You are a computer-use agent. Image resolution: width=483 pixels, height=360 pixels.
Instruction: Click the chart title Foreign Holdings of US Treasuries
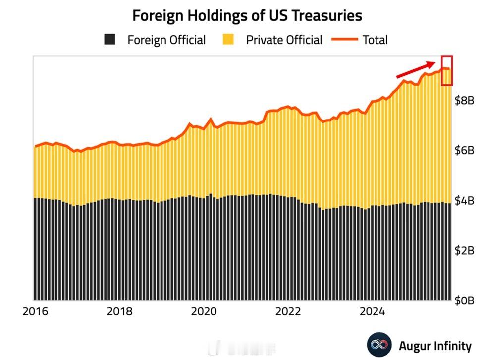[x=247, y=16]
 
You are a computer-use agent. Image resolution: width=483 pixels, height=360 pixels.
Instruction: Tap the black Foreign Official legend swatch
[x=109, y=40]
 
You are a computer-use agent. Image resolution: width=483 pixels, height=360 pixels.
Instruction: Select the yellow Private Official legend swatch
[x=228, y=40]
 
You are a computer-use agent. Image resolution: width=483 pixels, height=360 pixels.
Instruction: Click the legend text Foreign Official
[x=166, y=40]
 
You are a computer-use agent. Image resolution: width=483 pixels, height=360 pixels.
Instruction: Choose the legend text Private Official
[x=284, y=40]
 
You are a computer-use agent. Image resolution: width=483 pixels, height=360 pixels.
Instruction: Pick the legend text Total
[x=375, y=40]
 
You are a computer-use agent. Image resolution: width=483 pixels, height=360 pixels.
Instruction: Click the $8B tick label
[x=464, y=101]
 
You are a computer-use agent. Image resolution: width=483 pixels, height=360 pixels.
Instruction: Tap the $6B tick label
[x=464, y=151]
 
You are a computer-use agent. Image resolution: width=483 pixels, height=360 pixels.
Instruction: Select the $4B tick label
[x=464, y=201]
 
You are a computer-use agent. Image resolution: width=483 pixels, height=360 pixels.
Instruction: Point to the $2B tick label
[x=464, y=250]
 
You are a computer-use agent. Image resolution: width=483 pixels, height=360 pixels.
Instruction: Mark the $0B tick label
[x=464, y=300]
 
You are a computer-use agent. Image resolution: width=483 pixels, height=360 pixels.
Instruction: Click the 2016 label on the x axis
[x=35, y=311]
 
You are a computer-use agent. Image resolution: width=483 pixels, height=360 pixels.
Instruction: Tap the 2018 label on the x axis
[x=119, y=311]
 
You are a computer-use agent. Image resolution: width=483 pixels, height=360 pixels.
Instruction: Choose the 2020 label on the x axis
[x=204, y=311]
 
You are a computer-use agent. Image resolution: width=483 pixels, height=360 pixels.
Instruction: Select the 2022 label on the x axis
[x=288, y=311]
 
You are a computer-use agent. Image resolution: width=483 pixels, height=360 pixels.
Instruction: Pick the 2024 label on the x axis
[x=372, y=311]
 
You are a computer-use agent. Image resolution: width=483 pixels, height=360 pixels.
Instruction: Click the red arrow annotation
[x=416, y=69]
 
